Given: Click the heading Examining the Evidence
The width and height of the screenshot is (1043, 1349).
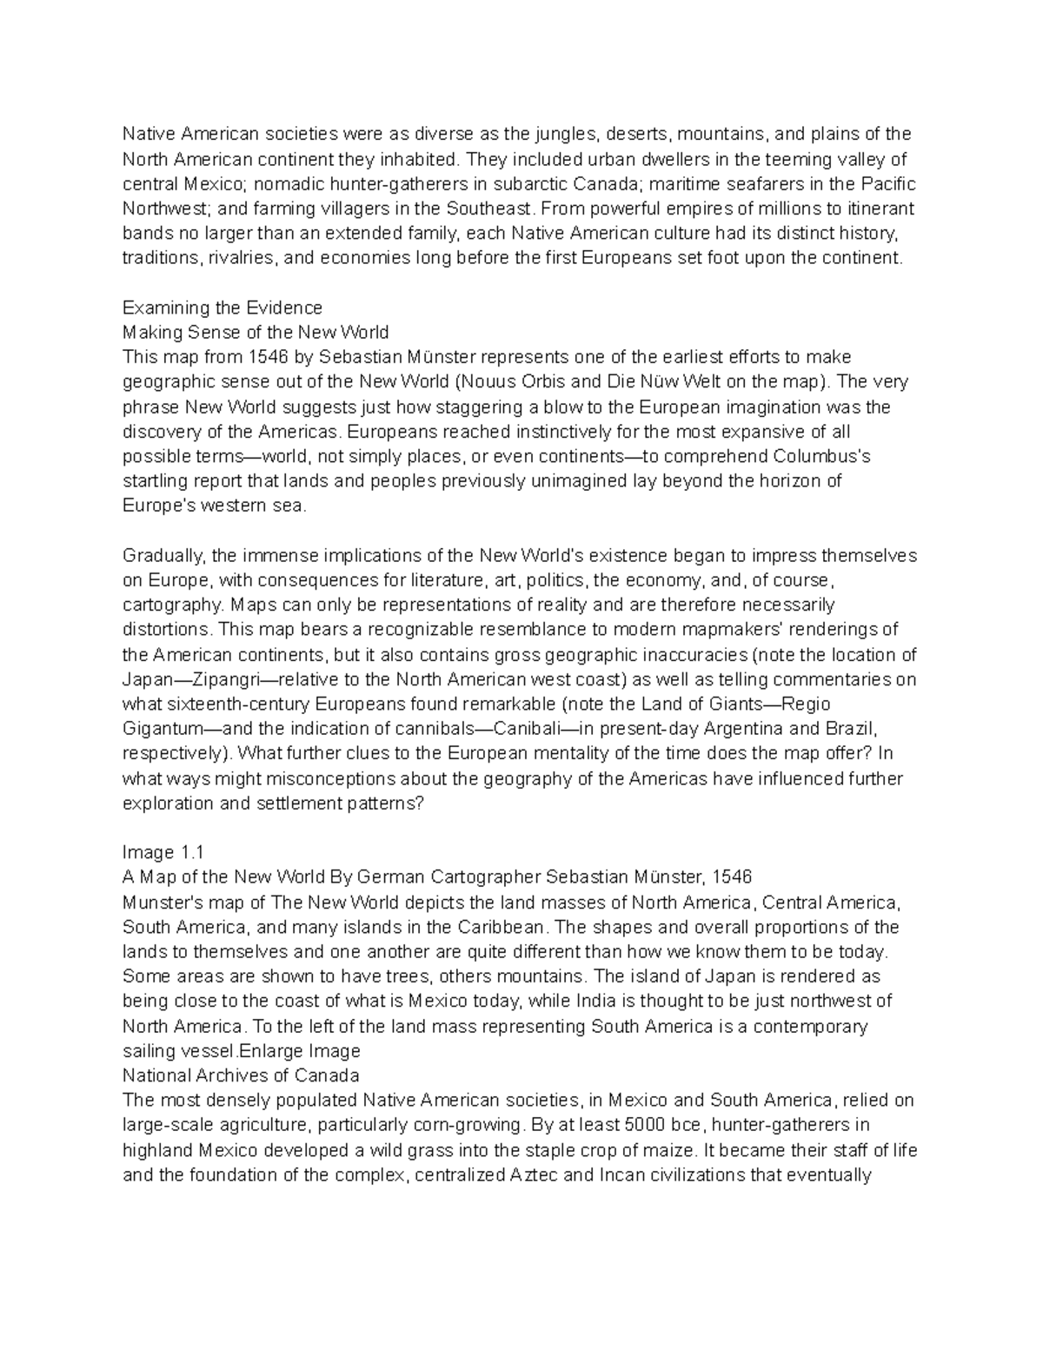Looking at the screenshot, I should click(x=223, y=307).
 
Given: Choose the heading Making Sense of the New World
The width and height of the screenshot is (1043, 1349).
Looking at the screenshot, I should click(x=256, y=332).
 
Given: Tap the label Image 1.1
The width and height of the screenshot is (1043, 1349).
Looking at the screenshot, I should click(x=163, y=852).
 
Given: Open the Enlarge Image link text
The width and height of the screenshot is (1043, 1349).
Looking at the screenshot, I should click(x=299, y=1050).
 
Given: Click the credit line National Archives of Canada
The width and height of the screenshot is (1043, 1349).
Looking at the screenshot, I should click(x=241, y=1075).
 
